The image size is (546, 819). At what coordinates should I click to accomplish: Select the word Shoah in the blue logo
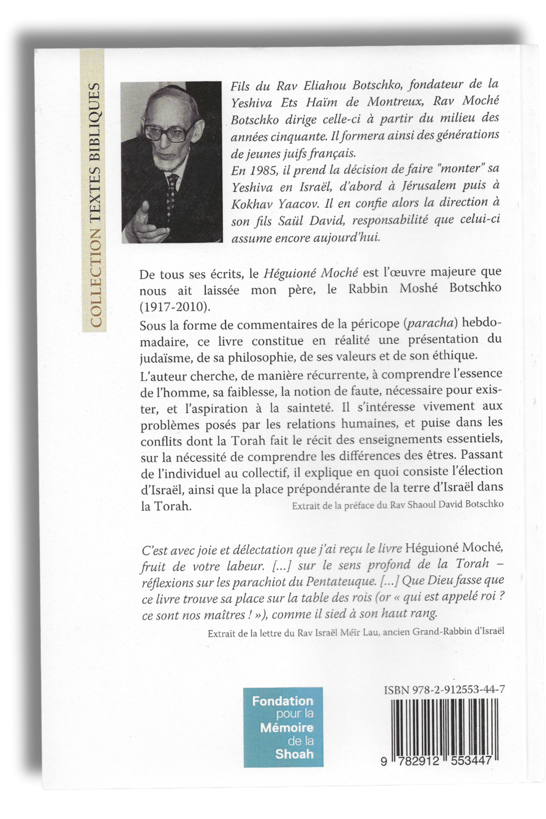pyautogui.click(x=295, y=754)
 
